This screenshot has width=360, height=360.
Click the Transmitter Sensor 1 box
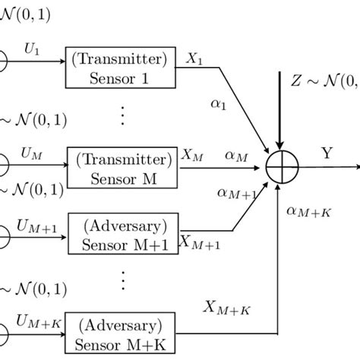point(122,69)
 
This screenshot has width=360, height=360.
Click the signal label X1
point(194,57)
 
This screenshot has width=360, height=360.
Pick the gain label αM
point(237,155)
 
